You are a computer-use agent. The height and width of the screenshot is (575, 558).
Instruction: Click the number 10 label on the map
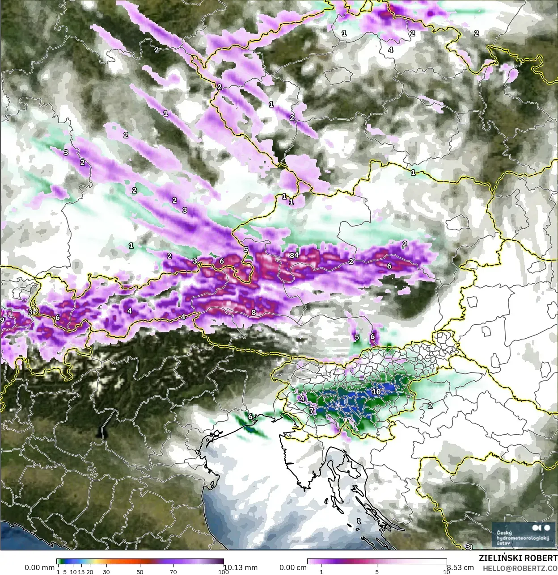(376, 392)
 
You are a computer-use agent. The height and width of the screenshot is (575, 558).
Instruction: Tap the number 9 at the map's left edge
(2, 320)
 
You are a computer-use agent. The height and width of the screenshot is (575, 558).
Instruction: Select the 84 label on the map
(294, 255)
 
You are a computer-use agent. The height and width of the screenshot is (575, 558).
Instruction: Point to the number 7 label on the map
(311, 410)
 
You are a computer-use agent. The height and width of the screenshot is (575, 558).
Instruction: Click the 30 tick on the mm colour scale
(106, 571)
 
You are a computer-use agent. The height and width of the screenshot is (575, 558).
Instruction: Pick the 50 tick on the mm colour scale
(140, 571)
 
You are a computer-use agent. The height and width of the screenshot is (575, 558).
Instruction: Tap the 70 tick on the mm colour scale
(173, 571)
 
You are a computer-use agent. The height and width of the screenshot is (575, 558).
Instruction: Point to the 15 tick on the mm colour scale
(81, 571)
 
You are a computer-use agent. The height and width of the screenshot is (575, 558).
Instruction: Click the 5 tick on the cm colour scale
(377, 571)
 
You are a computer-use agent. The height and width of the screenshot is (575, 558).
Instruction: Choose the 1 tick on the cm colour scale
(321, 571)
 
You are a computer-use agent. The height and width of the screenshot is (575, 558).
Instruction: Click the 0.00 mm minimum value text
(39, 567)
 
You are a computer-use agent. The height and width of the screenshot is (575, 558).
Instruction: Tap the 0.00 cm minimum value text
(293, 567)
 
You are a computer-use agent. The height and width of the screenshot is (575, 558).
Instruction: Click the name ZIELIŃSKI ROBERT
(518, 558)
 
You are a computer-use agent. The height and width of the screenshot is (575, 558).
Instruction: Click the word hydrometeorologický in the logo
(520, 538)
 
